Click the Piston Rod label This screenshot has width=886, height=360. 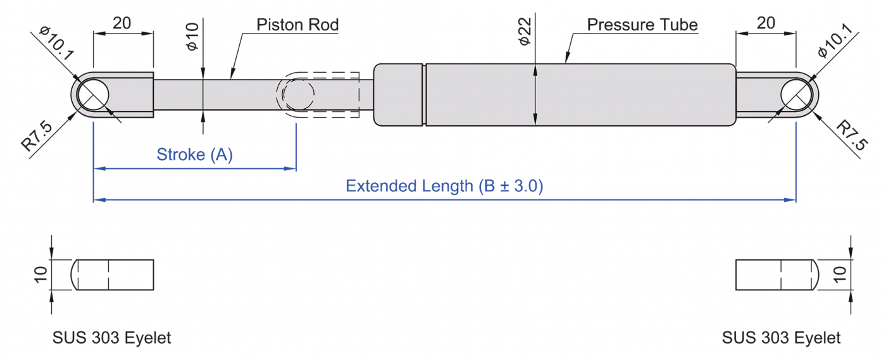[x=297, y=25]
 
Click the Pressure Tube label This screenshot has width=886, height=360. [x=642, y=25]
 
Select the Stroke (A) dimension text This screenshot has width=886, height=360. [x=195, y=154]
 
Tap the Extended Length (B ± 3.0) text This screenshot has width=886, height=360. [x=444, y=186]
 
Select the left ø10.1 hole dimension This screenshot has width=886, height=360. [x=56, y=43]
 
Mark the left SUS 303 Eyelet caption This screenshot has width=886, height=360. [x=111, y=338]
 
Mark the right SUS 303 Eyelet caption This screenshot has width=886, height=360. [x=781, y=338]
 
